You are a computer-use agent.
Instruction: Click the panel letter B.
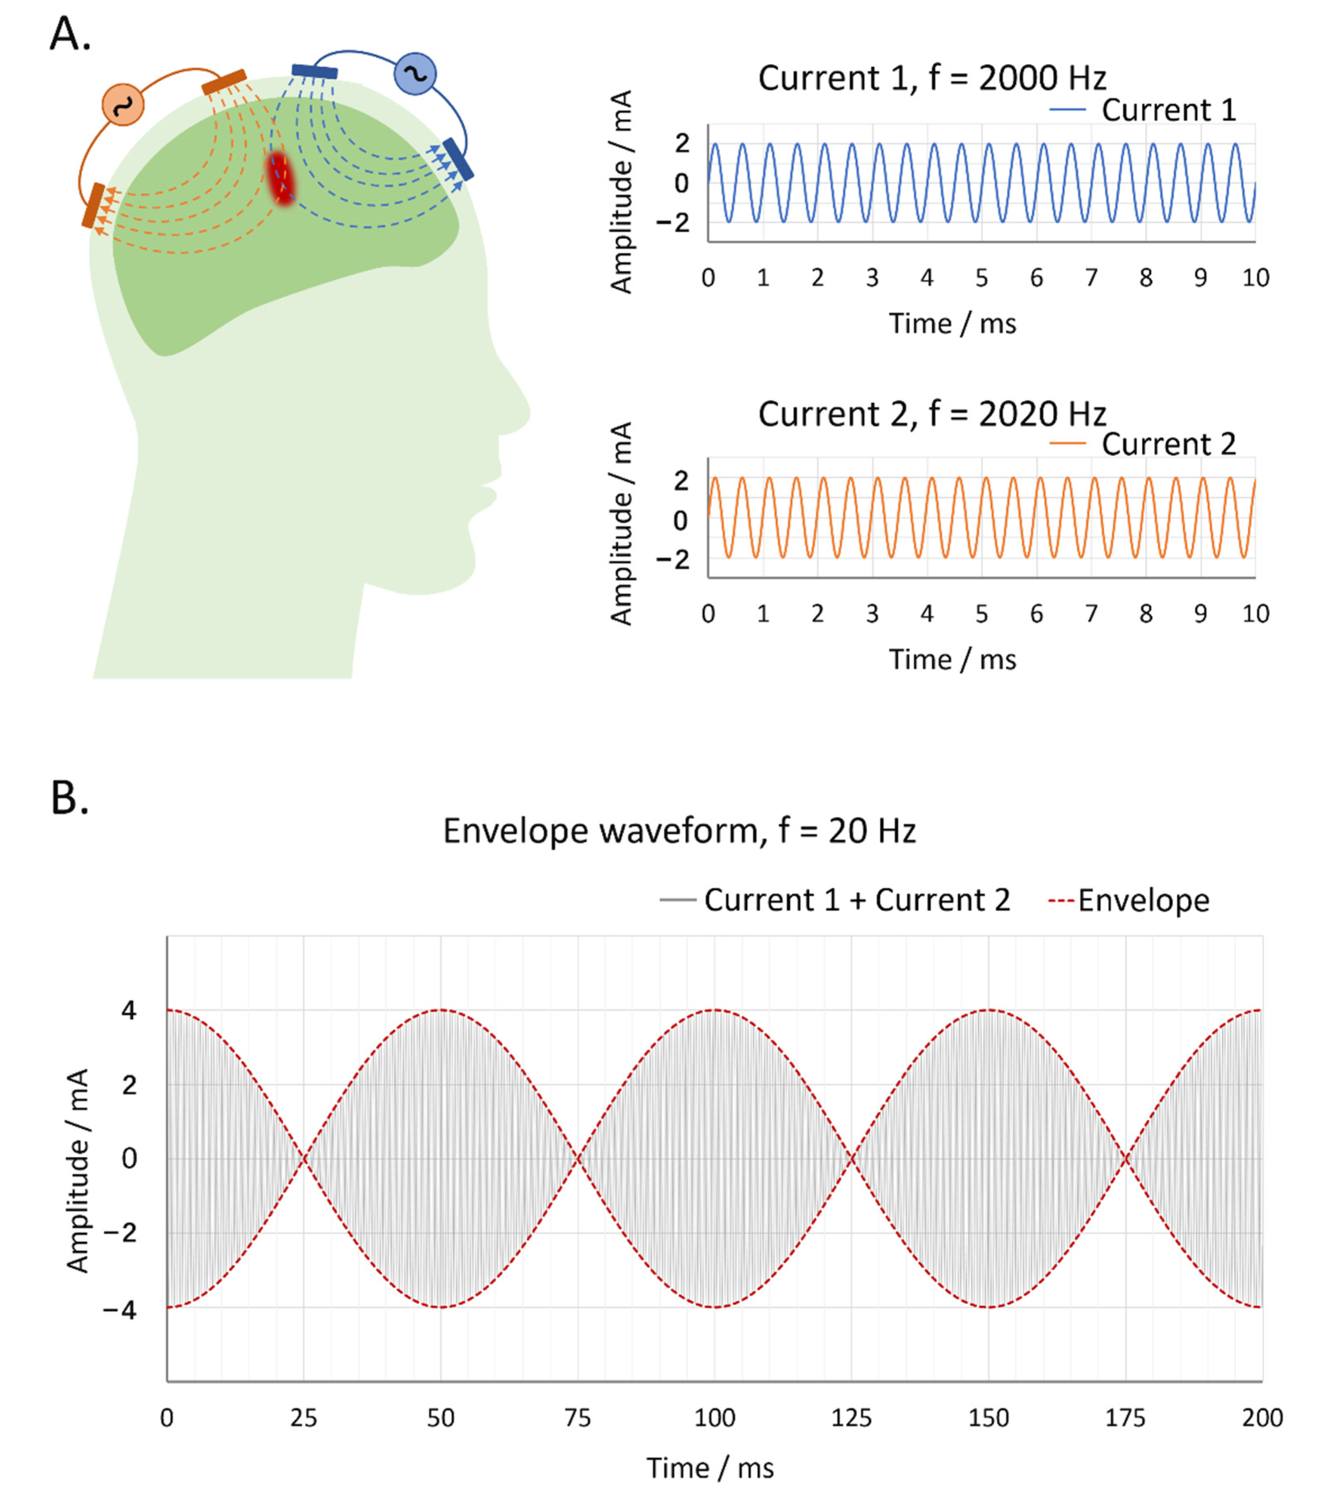(x=70, y=798)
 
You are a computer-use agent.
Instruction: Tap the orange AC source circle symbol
(x=123, y=104)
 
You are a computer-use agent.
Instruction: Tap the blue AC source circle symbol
(x=415, y=74)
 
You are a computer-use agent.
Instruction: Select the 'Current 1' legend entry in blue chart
(x=1143, y=110)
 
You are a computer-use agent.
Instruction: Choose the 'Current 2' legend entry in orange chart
(x=1143, y=444)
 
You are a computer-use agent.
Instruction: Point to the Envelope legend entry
(x=1129, y=901)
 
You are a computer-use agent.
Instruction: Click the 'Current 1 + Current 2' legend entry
(x=835, y=901)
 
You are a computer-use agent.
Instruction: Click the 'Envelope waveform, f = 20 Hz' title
(x=679, y=831)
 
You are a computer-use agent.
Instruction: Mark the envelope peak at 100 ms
(x=714, y=1010)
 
